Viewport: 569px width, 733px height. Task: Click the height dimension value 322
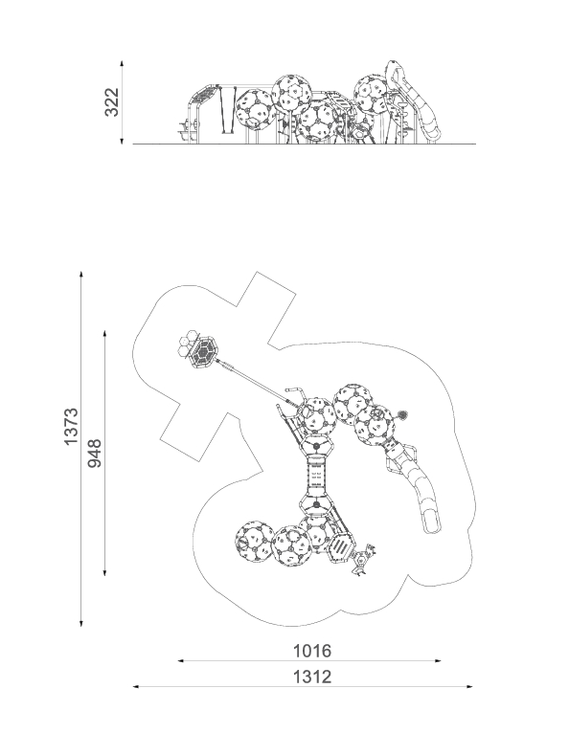112,101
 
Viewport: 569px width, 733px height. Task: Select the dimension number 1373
71,427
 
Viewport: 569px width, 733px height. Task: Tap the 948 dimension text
95,453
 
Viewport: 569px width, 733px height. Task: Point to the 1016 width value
311,651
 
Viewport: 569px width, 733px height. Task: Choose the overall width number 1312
312,677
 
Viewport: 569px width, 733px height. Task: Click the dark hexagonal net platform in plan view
203,352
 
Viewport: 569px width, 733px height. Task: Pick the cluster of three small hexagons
186,344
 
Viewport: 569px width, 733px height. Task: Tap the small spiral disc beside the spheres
402,414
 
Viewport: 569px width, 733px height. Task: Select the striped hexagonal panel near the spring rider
341,547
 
